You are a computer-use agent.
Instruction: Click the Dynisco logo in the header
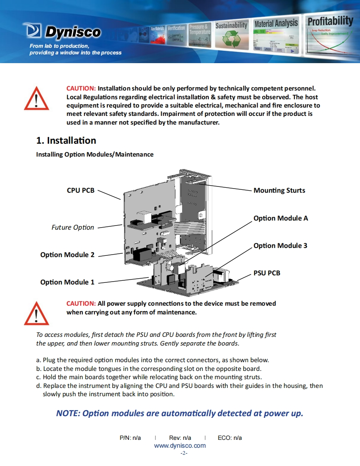(62, 32)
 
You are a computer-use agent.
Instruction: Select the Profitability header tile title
(330, 20)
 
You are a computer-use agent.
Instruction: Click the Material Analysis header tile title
(276, 23)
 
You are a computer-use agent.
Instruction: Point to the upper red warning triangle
(37, 98)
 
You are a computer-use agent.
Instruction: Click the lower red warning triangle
(37, 313)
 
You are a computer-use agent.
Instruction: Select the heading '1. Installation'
(66, 140)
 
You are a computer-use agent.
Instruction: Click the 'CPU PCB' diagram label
(81, 191)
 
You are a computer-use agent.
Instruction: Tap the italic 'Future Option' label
(73, 228)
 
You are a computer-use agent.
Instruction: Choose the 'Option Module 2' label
(67, 255)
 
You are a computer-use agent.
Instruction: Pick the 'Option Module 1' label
(67, 282)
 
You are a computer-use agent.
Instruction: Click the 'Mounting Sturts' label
(279, 191)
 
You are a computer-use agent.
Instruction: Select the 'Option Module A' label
(281, 218)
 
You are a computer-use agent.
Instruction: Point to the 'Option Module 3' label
(280, 245)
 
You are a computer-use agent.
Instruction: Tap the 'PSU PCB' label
(267, 273)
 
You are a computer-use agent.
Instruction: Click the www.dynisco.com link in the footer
(180, 446)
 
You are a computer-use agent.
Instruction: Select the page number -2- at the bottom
(184, 453)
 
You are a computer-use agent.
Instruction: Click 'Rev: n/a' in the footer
(180, 438)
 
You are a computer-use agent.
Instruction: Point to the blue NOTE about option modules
(180, 413)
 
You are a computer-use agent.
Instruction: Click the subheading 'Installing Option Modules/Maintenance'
(95, 155)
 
